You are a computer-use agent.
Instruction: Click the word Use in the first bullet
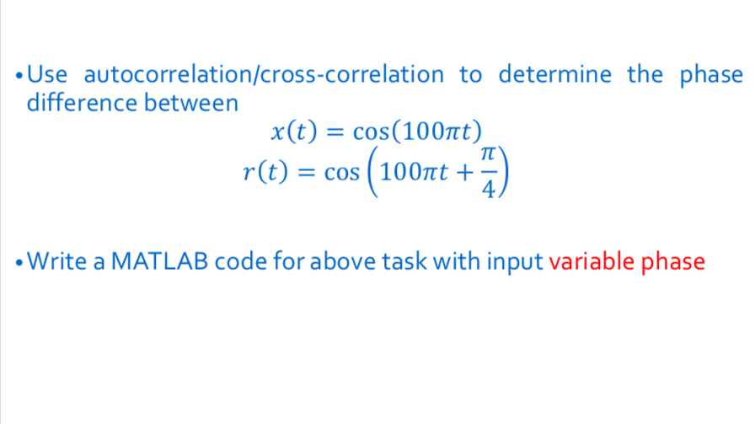click(47, 75)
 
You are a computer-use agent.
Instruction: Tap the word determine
click(555, 75)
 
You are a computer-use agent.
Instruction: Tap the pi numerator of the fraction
click(486, 155)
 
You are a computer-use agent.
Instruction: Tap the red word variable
click(591, 262)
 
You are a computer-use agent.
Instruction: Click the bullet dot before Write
click(19, 262)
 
